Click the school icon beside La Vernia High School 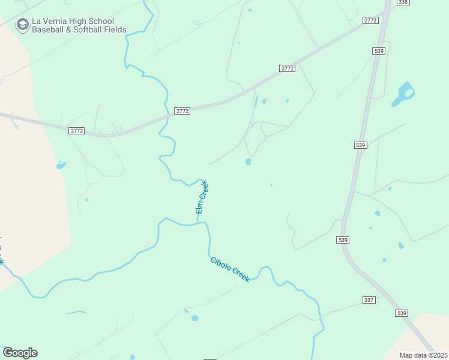[23, 24]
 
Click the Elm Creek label [201, 197]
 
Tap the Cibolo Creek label [230, 269]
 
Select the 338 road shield [403, 2]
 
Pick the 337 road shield [369, 299]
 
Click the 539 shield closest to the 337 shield [402, 313]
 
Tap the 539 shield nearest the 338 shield [378, 52]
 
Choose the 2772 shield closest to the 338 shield [370, 20]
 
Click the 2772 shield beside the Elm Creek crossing [182, 111]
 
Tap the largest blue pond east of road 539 [403, 94]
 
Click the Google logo [20, 353]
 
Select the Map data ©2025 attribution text [423, 355]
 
